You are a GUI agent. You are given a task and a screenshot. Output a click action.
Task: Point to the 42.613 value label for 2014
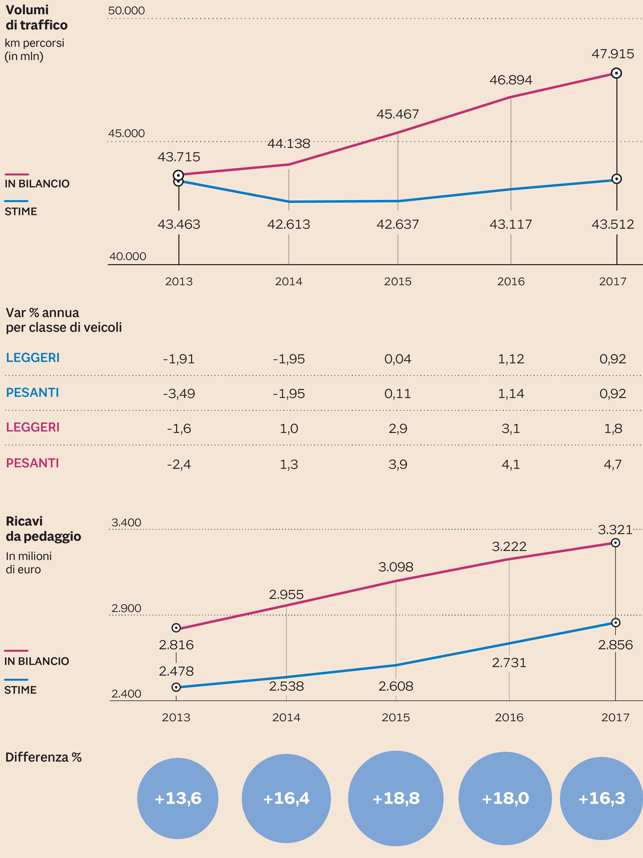point(289,224)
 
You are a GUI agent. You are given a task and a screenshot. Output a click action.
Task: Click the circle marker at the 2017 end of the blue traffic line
point(616,179)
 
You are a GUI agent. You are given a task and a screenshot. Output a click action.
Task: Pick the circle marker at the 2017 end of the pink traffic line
point(616,73)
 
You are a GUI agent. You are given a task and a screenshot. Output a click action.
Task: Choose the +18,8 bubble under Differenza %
point(396,798)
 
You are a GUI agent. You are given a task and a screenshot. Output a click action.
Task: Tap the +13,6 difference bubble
point(178,798)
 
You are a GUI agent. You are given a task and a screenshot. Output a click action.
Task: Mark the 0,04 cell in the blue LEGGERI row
point(397,359)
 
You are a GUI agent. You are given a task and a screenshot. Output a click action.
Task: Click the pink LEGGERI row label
point(33,427)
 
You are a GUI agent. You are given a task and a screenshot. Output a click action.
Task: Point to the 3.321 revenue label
point(615,529)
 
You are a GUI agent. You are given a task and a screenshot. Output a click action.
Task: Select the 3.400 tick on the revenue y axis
point(127,523)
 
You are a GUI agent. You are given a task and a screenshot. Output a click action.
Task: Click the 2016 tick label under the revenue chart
point(509,717)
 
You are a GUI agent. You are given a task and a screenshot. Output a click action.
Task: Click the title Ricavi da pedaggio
point(43,529)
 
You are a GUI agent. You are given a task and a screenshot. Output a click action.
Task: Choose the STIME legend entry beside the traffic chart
point(21,211)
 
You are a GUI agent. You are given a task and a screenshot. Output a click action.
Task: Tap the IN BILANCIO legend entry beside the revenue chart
point(36,661)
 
